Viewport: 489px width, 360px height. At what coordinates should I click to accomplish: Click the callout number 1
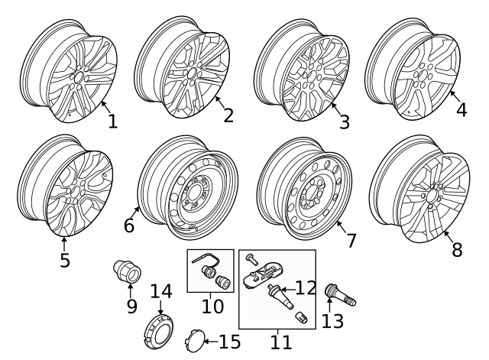[112, 122]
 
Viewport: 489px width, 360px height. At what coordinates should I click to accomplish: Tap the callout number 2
[228, 115]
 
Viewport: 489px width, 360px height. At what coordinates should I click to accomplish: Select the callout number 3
[344, 122]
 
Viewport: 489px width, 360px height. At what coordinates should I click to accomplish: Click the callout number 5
[65, 260]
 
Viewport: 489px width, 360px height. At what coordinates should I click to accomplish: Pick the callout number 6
[128, 226]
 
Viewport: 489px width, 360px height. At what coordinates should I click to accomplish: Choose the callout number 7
[351, 240]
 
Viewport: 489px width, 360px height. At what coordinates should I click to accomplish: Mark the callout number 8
[457, 249]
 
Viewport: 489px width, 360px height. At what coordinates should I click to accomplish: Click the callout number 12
[306, 288]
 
